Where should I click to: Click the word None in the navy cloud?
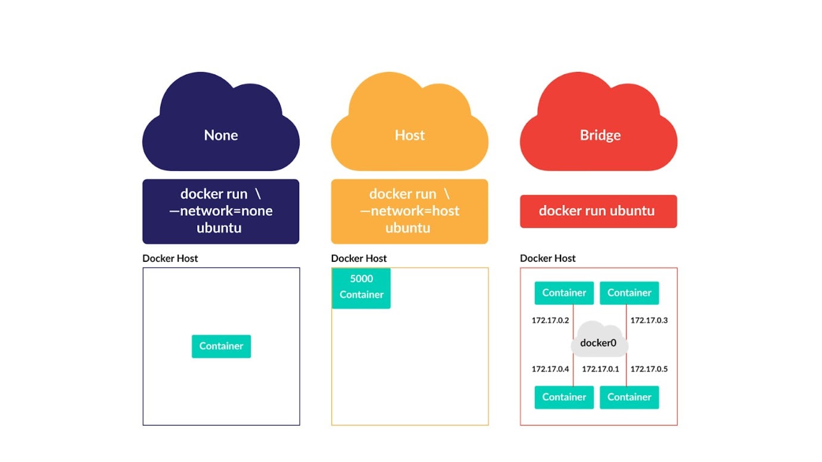click(x=221, y=135)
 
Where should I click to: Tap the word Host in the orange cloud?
click(x=410, y=135)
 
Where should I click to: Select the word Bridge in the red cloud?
click(x=600, y=135)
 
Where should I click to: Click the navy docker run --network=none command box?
click(x=220, y=211)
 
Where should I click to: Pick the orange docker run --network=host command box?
click(x=409, y=211)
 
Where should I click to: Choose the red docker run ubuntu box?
click(x=598, y=211)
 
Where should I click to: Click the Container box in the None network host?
click(x=221, y=346)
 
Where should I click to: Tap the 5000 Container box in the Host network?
click(x=361, y=288)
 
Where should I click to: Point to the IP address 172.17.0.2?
click(x=550, y=320)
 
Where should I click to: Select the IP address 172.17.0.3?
click(x=649, y=320)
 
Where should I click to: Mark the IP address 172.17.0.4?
click(x=550, y=369)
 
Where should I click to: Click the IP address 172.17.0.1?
click(x=600, y=369)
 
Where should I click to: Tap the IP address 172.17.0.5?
click(x=649, y=369)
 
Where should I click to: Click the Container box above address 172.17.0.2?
click(x=564, y=293)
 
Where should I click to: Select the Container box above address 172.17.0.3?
click(x=629, y=293)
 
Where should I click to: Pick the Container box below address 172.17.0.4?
click(x=564, y=397)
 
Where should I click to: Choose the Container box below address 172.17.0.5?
click(x=629, y=397)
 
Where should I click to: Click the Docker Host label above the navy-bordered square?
click(x=170, y=258)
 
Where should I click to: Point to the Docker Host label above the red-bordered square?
click(x=547, y=258)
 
